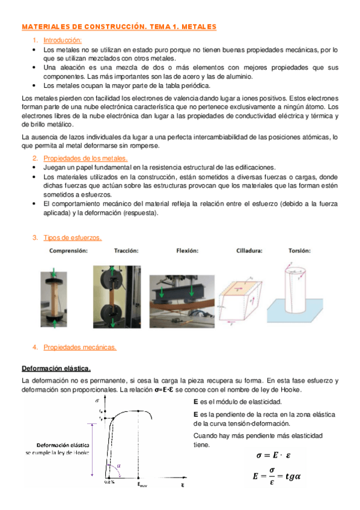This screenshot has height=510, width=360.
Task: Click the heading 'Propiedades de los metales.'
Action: click(85, 158)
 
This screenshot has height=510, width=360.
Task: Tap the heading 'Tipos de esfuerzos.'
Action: click(73, 238)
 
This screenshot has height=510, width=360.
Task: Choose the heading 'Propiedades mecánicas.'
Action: click(80, 347)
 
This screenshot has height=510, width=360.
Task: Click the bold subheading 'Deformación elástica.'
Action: click(56, 367)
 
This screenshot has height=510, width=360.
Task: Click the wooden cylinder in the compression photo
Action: click(51, 295)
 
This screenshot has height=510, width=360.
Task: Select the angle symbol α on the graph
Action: click(120, 465)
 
